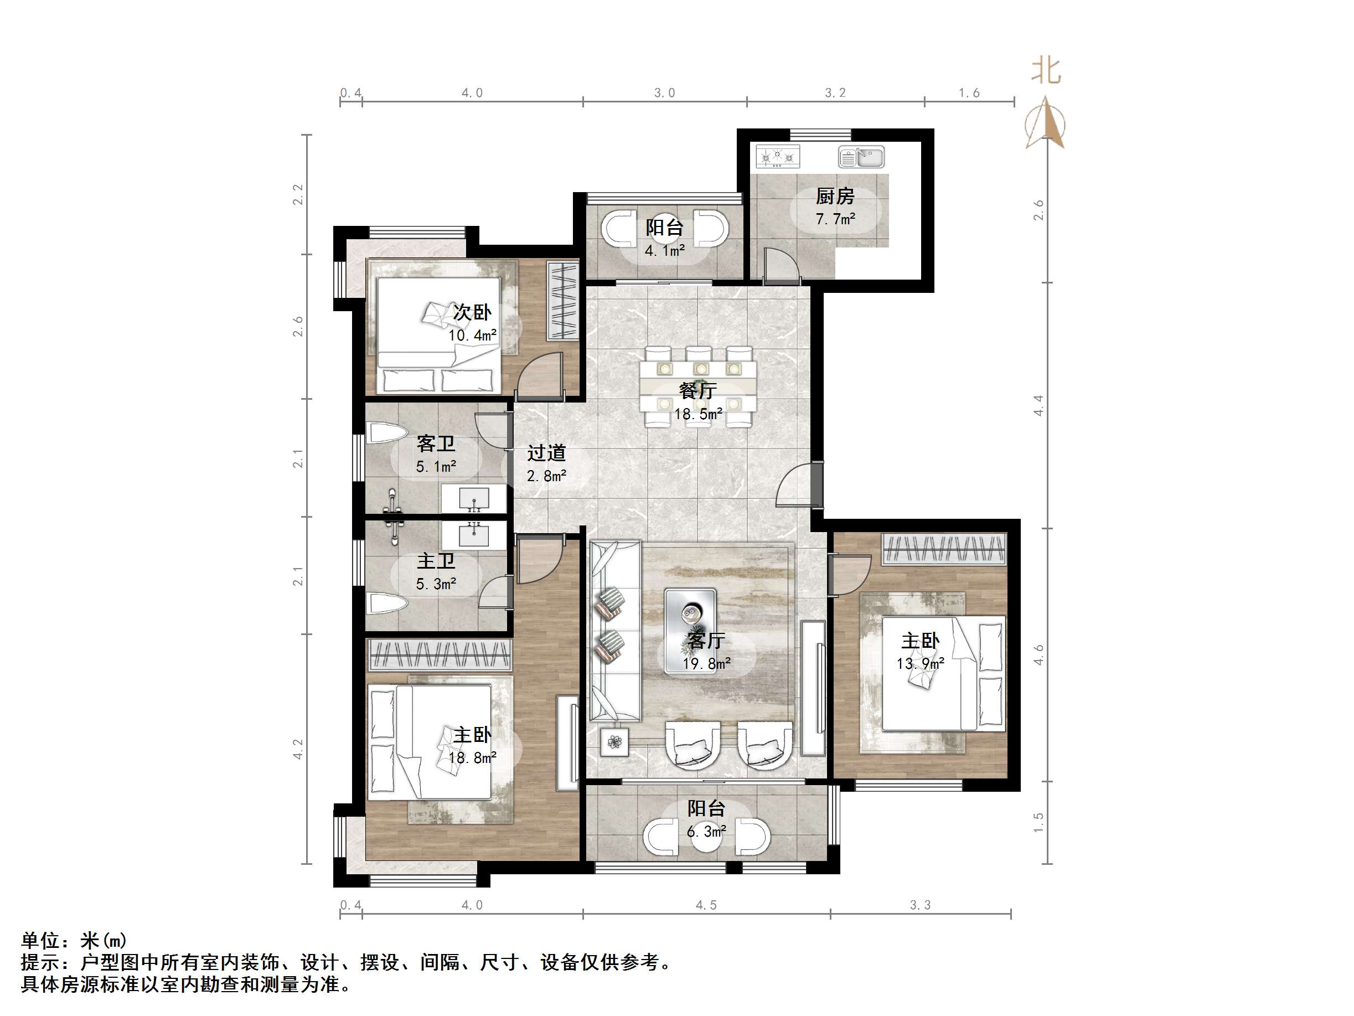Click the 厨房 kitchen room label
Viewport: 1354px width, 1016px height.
(834, 197)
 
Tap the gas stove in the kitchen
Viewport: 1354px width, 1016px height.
(777, 157)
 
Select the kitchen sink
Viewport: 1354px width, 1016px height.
(861, 157)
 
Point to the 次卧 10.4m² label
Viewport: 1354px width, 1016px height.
(472, 323)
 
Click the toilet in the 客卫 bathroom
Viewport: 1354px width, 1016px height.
(386, 434)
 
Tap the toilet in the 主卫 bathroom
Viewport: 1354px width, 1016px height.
(386, 605)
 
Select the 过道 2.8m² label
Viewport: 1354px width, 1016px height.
(546, 463)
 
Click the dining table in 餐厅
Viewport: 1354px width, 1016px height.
(698, 386)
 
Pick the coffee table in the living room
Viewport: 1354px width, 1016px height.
(690, 631)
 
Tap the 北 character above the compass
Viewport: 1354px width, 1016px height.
(1046, 71)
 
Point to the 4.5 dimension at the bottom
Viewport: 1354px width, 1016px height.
(706, 905)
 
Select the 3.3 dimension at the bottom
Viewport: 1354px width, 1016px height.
(920, 905)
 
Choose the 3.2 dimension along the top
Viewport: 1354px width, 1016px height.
(835, 93)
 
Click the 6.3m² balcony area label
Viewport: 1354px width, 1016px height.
(706, 832)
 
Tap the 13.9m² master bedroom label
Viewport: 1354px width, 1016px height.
(920, 663)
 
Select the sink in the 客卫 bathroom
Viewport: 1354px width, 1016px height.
(474, 498)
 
